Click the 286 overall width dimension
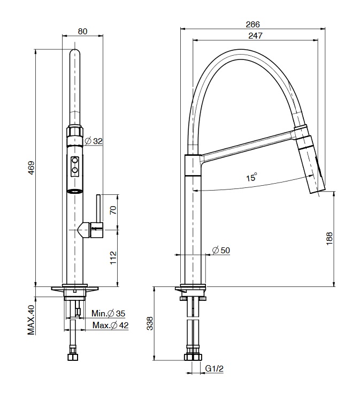252,24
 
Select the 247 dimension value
255,35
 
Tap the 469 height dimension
31,168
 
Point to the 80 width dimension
82,31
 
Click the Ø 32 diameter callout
94,141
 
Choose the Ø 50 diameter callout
221,250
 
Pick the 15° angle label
251,177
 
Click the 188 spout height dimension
330,239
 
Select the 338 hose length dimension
150,323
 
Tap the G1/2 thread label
215,368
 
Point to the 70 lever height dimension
113,210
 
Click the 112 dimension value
113,258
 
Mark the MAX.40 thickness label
31,320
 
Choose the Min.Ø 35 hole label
109,313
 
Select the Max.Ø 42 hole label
110,326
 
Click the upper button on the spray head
75,161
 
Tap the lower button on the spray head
75,170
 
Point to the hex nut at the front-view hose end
73,357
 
